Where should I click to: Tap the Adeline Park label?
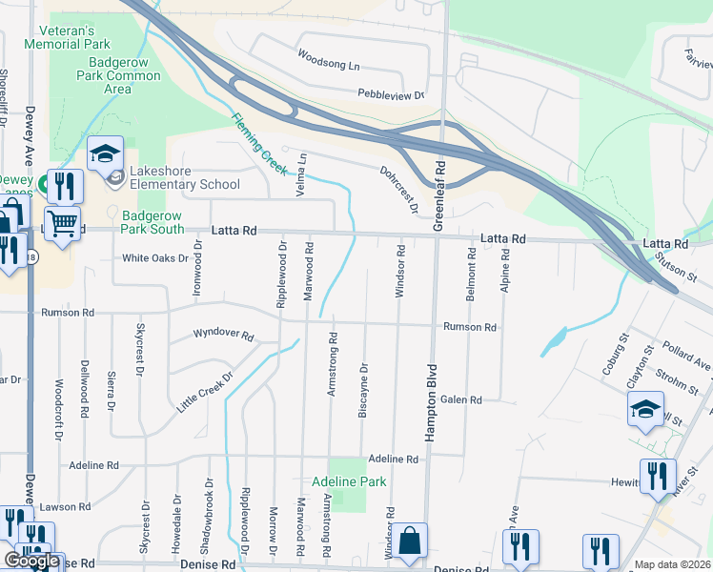pyautogui.click(x=350, y=481)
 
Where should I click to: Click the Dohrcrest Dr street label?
pyautogui.click(x=400, y=191)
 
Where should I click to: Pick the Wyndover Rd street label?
pyautogui.click(x=223, y=335)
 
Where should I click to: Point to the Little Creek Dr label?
pyautogui.click(x=205, y=393)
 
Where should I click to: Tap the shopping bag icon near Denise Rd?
pyautogui.click(x=410, y=541)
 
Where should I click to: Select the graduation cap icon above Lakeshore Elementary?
pyautogui.click(x=105, y=153)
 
